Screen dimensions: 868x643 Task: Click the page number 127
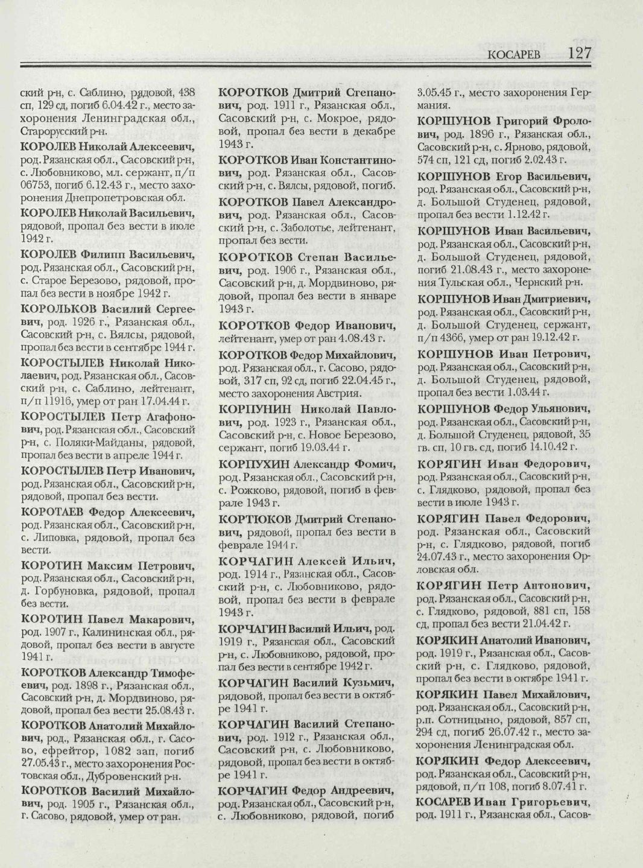coord(578,53)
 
